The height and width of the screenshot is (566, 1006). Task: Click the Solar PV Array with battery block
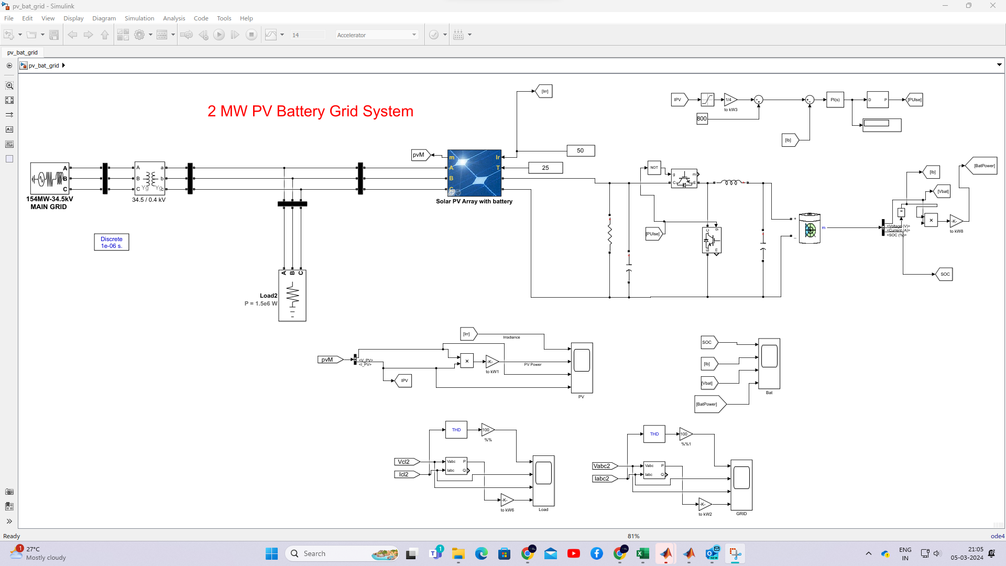pyautogui.click(x=474, y=173)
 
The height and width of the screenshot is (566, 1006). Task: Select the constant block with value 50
pyautogui.click(x=581, y=150)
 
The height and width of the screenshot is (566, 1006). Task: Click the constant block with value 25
pyautogui.click(x=545, y=168)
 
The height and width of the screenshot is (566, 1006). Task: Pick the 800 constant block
pyautogui.click(x=702, y=118)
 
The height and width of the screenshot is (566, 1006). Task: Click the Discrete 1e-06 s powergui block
pyautogui.click(x=112, y=242)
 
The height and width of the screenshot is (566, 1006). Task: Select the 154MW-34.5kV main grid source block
pyautogui.click(x=49, y=179)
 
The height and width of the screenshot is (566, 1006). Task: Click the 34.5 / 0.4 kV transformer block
pyautogui.click(x=149, y=179)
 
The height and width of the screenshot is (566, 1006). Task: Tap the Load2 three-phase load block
pyautogui.click(x=292, y=296)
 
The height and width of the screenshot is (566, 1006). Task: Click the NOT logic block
pyautogui.click(x=654, y=168)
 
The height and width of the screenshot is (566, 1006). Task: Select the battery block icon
pyautogui.click(x=810, y=228)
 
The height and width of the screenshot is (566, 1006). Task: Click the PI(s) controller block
pyautogui.click(x=835, y=100)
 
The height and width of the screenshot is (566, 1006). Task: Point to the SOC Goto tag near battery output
pyautogui.click(x=944, y=274)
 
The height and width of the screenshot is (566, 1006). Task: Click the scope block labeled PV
pyautogui.click(x=582, y=367)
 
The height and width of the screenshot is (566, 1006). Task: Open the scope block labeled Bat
pyautogui.click(x=769, y=363)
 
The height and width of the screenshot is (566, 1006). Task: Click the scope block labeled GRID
pyautogui.click(x=741, y=485)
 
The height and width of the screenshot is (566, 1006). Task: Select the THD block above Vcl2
pyautogui.click(x=456, y=430)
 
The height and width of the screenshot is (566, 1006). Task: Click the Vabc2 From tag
pyautogui.click(x=603, y=466)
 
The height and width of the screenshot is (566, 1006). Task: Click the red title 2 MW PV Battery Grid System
pyautogui.click(x=310, y=111)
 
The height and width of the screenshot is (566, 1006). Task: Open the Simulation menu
pyautogui.click(x=139, y=18)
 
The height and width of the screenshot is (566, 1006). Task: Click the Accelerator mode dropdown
pyautogui.click(x=376, y=35)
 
